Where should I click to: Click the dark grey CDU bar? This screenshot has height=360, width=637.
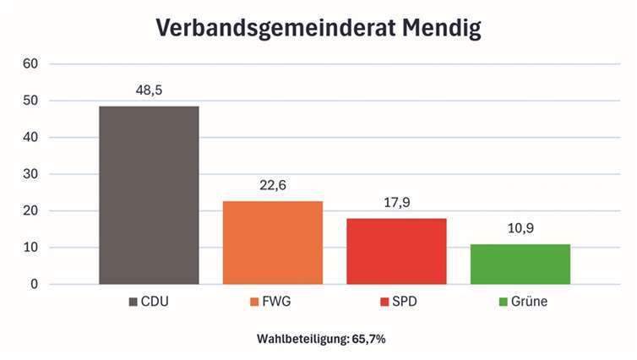point(149,195)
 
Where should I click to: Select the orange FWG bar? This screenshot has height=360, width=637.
point(273,243)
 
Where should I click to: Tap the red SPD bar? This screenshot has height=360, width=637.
point(396,251)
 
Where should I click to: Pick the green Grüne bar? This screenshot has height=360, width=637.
point(520,264)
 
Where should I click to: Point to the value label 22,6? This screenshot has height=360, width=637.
point(272,185)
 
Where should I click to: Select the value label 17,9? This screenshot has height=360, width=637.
point(396,203)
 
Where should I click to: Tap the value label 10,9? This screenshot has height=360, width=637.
point(520,228)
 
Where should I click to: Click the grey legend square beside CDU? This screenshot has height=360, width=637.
point(133,302)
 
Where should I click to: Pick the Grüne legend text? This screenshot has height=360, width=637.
point(529,302)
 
